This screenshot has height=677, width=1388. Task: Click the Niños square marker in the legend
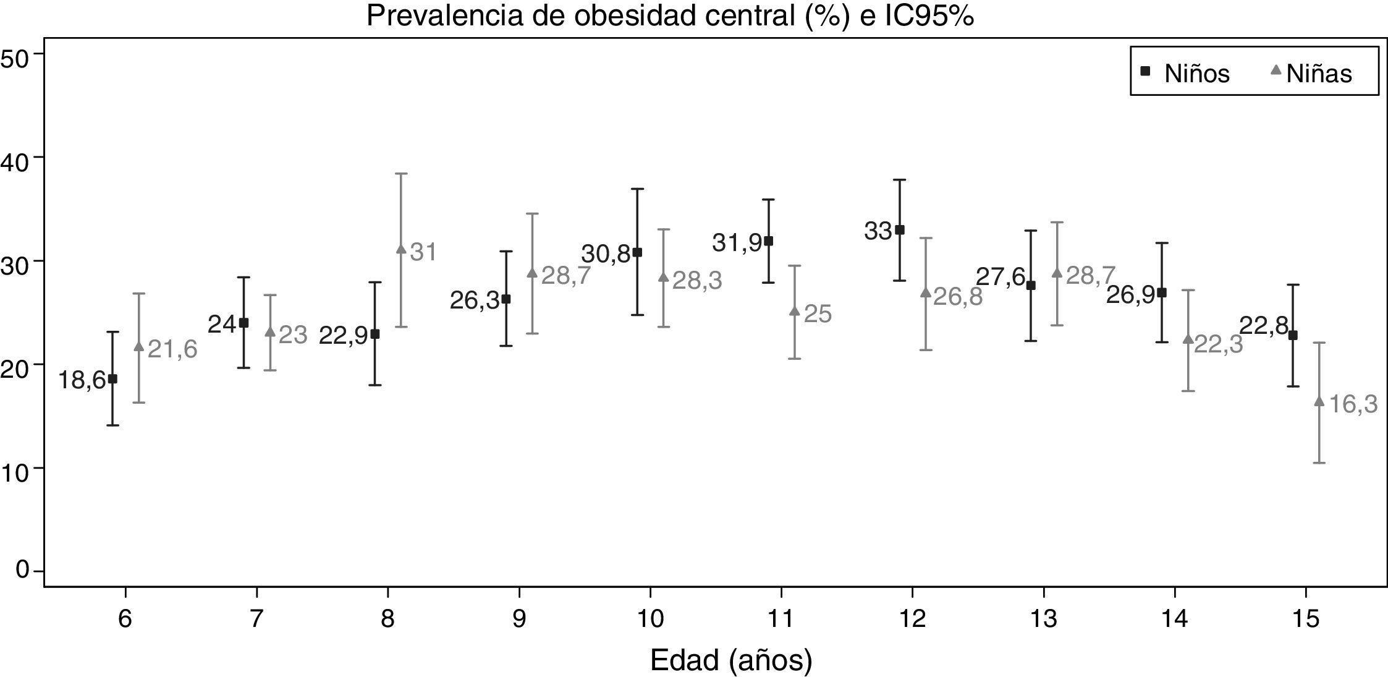coord(1145,72)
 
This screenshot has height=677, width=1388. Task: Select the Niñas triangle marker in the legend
coord(1276,70)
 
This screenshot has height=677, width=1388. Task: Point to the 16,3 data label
coord(1353,404)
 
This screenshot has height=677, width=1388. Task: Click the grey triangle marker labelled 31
coord(401,249)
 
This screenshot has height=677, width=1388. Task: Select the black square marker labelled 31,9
coord(769,241)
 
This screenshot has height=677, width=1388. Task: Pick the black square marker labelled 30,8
coord(637,252)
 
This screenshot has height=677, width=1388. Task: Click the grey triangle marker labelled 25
coord(795,311)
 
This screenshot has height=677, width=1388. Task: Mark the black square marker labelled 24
coord(243,323)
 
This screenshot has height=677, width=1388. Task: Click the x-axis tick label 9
coord(519,619)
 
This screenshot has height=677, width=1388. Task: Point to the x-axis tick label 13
coord(1044,619)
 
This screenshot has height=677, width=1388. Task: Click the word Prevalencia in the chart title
coord(446,16)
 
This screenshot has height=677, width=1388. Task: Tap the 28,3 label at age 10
coord(697,281)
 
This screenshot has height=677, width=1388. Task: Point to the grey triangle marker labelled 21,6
coord(139,347)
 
